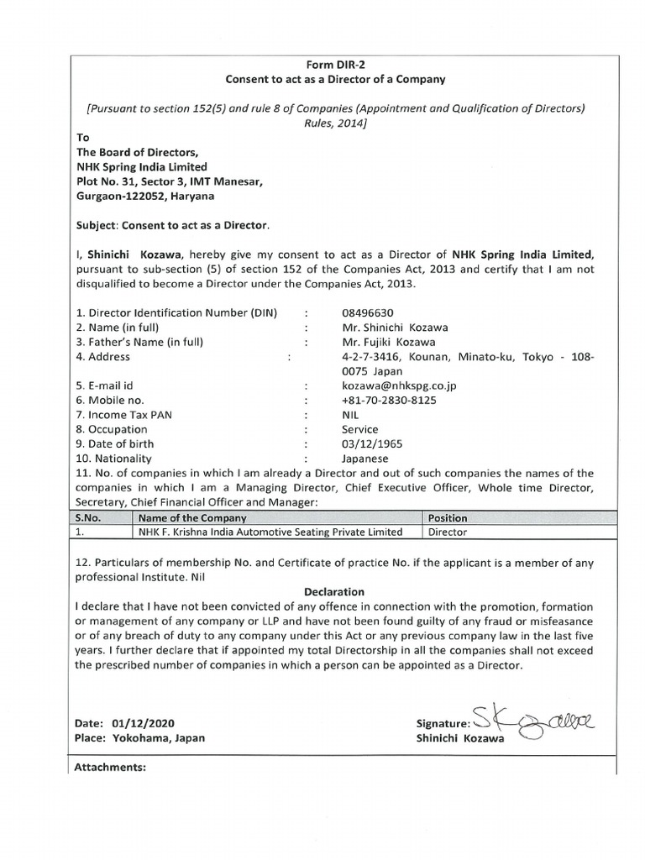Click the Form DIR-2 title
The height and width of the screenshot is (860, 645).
click(335, 65)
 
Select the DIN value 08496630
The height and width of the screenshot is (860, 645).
click(367, 312)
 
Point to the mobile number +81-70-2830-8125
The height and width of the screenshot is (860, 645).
click(389, 400)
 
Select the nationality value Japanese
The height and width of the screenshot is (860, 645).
click(364, 459)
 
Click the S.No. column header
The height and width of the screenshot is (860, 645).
click(88, 518)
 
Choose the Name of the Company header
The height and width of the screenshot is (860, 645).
click(193, 518)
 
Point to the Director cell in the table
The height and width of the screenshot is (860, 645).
click(448, 532)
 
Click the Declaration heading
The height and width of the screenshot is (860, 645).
click(334, 591)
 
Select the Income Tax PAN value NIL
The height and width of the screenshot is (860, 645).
click(351, 415)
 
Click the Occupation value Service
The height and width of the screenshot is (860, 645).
click(359, 429)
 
